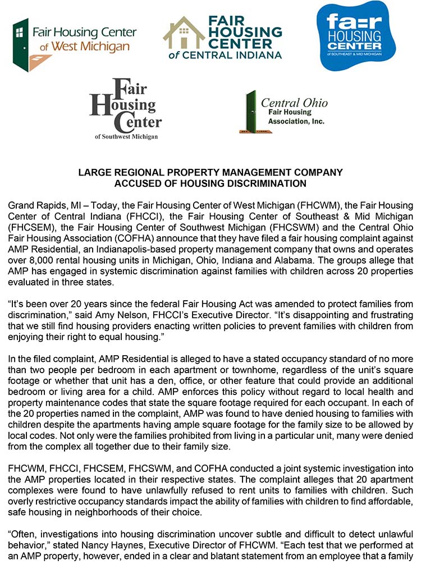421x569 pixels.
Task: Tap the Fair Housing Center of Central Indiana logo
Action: [x=222, y=38]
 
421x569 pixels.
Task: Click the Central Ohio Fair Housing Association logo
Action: [x=283, y=112]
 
